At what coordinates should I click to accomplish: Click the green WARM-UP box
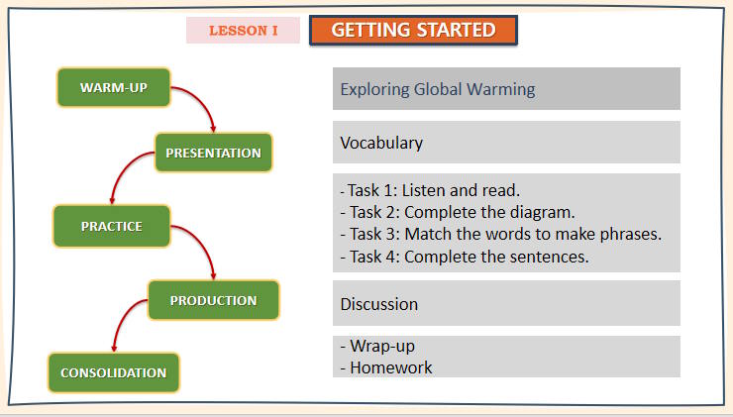tap(114, 88)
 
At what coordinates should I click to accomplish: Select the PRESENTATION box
tap(213, 153)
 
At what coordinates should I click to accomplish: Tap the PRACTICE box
tap(112, 226)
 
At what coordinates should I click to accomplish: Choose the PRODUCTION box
tap(213, 300)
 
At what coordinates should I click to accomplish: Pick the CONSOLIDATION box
tap(114, 372)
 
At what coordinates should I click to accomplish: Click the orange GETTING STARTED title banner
tap(413, 31)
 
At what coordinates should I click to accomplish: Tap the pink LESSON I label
tap(243, 31)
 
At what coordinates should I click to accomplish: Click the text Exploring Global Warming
tap(437, 89)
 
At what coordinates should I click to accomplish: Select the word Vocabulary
tap(381, 143)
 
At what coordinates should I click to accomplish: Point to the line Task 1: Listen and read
tap(430, 190)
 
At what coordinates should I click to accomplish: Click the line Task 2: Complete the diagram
tap(457, 212)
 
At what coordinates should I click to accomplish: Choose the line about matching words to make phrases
tap(500, 235)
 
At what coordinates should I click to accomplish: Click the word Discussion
tap(378, 304)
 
